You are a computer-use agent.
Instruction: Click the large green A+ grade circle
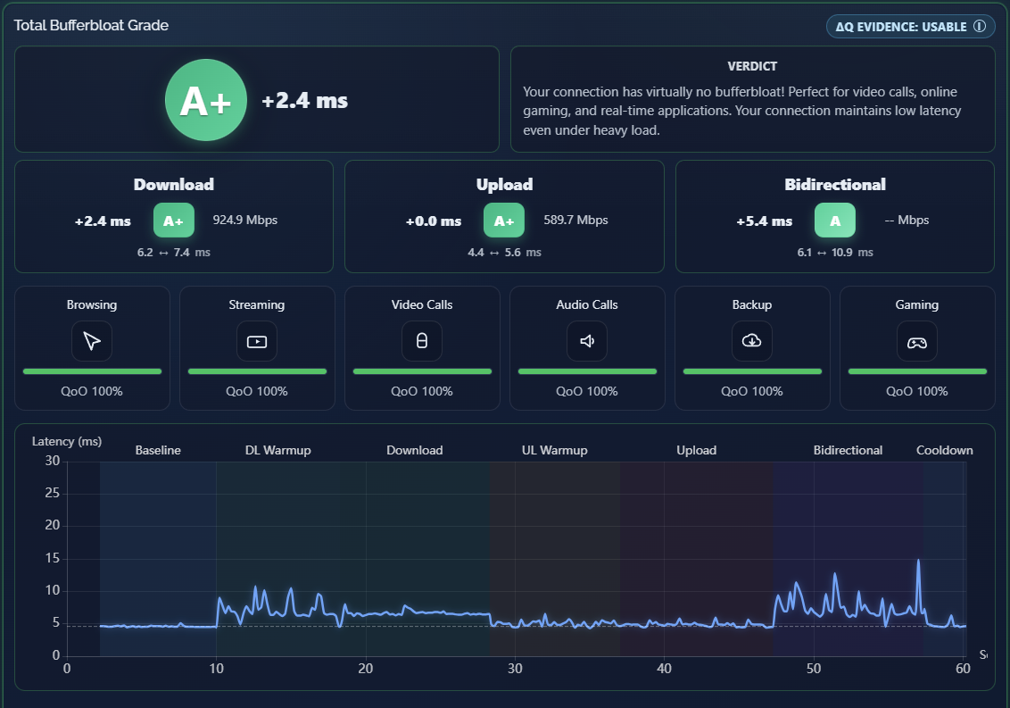206,100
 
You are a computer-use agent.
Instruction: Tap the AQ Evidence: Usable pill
910,27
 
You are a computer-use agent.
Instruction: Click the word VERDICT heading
752,66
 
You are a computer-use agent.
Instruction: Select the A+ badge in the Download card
173,221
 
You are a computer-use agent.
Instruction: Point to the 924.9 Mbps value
245,220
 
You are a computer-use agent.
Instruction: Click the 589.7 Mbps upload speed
575,220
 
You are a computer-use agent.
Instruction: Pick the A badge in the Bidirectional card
835,221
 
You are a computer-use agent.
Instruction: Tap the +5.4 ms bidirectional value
765,221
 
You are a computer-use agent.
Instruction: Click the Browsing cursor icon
92,340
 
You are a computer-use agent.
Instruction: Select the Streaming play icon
257,341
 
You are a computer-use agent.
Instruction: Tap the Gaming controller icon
917,341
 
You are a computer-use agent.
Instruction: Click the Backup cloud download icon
752,340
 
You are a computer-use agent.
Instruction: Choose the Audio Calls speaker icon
587,340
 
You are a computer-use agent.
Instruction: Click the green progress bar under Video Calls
423,371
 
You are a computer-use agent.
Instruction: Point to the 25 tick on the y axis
52,493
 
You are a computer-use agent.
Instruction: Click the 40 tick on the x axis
664,669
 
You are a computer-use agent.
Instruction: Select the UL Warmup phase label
555,450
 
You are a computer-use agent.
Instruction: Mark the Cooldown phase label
945,450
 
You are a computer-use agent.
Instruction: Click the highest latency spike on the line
918,561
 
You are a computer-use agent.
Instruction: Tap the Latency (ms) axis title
67,442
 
